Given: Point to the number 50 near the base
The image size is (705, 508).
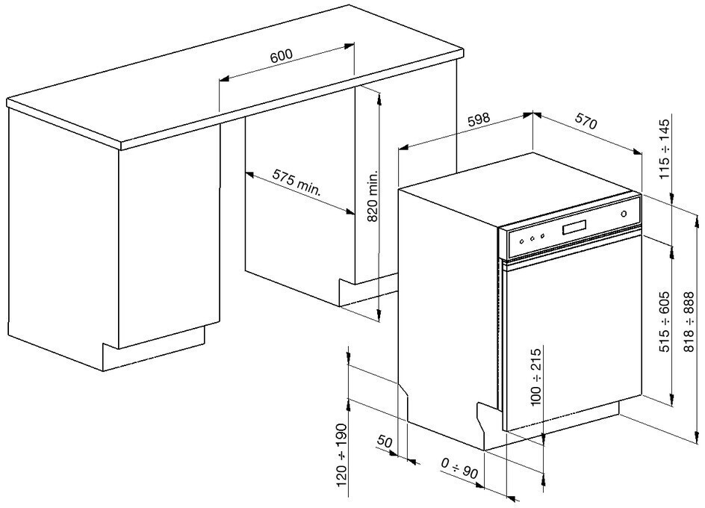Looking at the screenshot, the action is (385, 442).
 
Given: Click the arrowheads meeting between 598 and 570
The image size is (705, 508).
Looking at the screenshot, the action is (531, 114).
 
